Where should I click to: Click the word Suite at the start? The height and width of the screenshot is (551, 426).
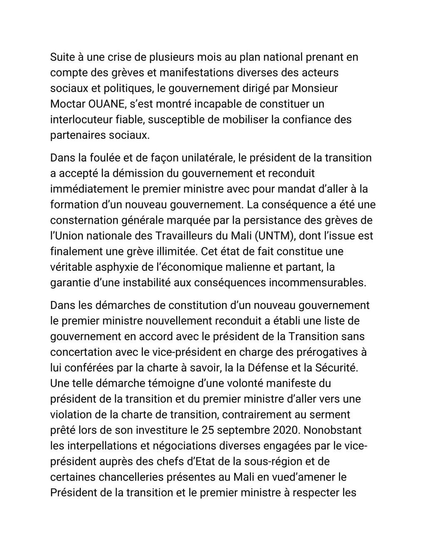61,57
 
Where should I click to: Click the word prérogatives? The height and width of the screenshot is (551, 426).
322,352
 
